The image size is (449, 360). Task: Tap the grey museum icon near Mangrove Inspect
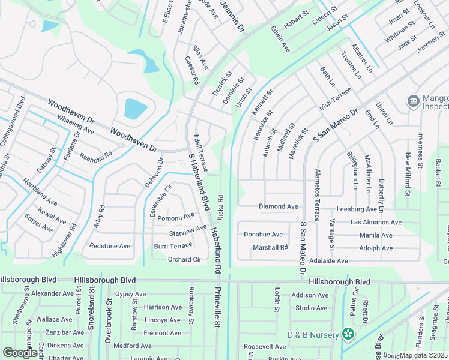point(413,101)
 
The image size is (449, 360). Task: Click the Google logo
point(20,353)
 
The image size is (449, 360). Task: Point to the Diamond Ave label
point(278,206)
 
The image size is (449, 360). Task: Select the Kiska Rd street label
point(220,206)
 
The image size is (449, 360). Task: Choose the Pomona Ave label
point(176,217)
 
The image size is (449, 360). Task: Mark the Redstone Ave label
point(110,246)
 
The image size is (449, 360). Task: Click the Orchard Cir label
point(184,260)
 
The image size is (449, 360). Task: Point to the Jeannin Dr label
point(232,16)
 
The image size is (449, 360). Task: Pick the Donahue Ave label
point(263,234)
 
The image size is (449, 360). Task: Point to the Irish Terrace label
point(335,98)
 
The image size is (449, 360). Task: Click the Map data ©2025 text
point(424,355)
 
